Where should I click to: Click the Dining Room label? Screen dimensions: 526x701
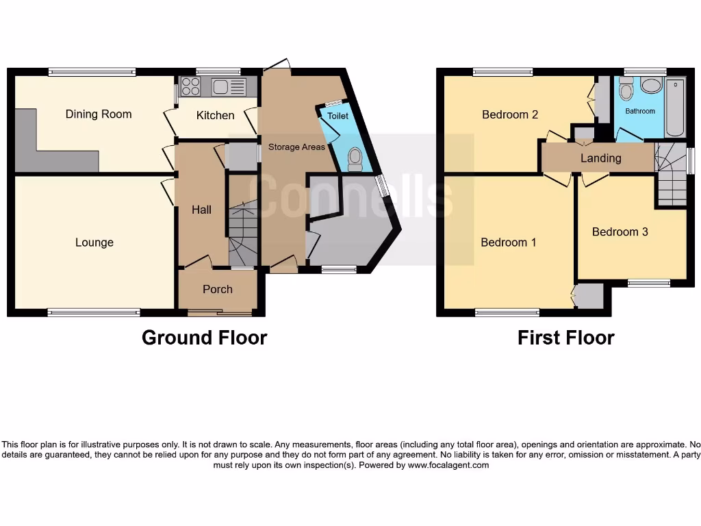pyautogui.click(x=99, y=114)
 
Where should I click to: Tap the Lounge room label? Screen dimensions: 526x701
pyautogui.click(x=94, y=242)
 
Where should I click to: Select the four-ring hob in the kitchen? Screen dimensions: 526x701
pyautogui.click(x=191, y=87)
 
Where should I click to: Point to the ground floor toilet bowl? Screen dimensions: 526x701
pyautogui.click(x=355, y=159)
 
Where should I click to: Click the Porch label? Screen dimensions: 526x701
pyautogui.click(x=218, y=289)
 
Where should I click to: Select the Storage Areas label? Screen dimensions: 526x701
pyautogui.click(x=296, y=147)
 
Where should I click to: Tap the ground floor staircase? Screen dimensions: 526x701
pyautogui.click(x=243, y=233)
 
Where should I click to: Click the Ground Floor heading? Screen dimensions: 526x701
pyautogui.click(x=204, y=338)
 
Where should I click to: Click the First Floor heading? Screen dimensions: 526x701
pyautogui.click(x=565, y=338)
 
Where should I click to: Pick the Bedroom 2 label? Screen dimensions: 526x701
pyautogui.click(x=510, y=114)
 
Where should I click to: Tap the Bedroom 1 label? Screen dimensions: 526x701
pyautogui.click(x=509, y=242)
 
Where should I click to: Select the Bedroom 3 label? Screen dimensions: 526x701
pyautogui.click(x=620, y=232)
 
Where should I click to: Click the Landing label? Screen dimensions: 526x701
pyautogui.click(x=600, y=158)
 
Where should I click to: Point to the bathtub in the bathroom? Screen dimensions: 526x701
pyautogui.click(x=675, y=108)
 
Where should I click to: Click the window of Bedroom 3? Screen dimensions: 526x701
pyautogui.click(x=649, y=283)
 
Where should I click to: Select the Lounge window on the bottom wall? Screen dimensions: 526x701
pyautogui.click(x=94, y=313)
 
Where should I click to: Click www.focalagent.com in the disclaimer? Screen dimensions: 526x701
pyautogui.click(x=448, y=465)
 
